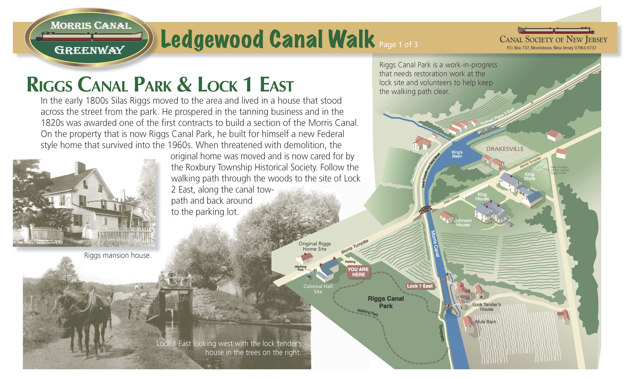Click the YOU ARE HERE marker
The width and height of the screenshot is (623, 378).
[x=358, y=272]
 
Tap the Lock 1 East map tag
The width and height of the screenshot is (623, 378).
[x=420, y=286]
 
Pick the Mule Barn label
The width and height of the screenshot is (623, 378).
[x=485, y=322]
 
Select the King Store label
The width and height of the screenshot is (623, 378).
[x=529, y=176]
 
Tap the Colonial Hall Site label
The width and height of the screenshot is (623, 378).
[x=318, y=289]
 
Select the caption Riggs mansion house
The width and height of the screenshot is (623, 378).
[x=118, y=255]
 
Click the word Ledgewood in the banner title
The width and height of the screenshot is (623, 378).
[x=212, y=40]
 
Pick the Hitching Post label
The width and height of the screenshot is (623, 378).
[x=300, y=268]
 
